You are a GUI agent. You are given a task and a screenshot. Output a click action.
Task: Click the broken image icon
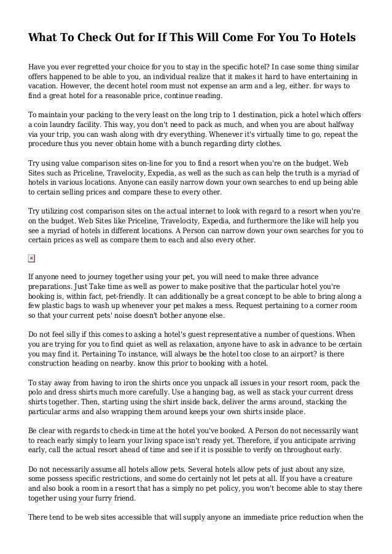click(x=31, y=259)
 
